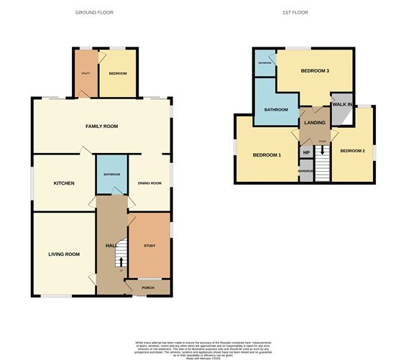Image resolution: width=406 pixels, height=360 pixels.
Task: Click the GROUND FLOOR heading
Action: point(94,13)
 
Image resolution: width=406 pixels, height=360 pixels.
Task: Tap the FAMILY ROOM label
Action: point(101,126)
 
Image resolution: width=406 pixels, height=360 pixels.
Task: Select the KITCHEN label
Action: point(64,183)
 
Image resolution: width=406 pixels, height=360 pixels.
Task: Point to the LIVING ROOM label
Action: point(63,254)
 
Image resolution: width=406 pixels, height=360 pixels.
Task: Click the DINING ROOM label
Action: point(149,183)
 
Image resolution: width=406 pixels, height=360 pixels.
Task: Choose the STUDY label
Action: point(149,246)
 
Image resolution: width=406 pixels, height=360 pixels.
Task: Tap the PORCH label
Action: point(148,288)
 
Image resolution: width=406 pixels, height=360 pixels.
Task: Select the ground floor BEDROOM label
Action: point(118,73)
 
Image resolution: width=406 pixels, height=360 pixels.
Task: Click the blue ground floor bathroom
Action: point(111,175)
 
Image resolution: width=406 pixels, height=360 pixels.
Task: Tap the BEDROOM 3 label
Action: point(315,71)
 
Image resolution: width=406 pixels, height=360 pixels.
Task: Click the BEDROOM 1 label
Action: point(267,155)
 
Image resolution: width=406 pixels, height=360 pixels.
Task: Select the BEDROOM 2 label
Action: point(353,151)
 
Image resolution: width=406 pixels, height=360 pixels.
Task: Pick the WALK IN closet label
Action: point(341,105)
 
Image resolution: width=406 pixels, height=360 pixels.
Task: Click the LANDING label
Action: point(315,123)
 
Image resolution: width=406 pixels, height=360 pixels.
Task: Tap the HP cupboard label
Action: point(306,152)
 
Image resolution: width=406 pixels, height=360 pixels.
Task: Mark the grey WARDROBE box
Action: point(306,173)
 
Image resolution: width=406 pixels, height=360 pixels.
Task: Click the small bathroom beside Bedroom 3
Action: point(264,62)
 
